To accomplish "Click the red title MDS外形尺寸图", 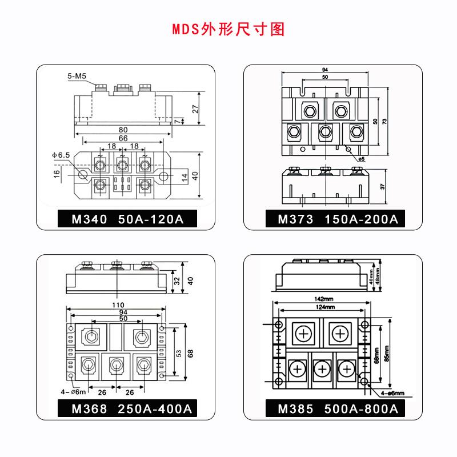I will (228, 29).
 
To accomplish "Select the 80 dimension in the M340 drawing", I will (123, 130).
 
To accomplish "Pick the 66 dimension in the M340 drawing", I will (123, 138).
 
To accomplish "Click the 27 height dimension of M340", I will (195, 109).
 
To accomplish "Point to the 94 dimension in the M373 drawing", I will (324, 71).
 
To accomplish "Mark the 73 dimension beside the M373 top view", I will (384, 122).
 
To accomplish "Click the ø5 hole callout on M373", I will (361, 158).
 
